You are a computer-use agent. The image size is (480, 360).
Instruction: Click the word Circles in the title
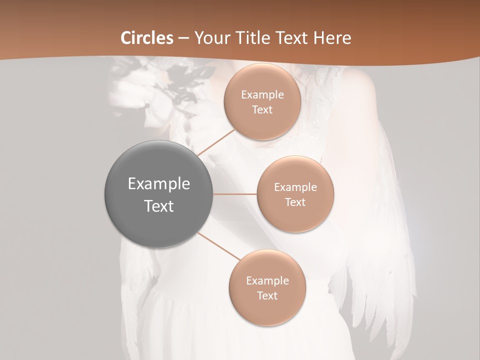[x=147, y=38]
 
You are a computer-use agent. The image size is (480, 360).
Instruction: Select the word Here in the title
[x=332, y=38]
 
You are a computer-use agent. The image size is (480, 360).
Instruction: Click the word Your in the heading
[x=212, y=38]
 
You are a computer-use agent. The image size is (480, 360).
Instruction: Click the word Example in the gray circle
[x=158, y=184]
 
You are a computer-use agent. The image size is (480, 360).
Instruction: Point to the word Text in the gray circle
[x=158, y=206]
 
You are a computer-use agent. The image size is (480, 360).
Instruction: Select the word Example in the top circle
[x=262, y=95]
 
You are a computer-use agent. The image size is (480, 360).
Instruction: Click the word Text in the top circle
[x=262, y=110]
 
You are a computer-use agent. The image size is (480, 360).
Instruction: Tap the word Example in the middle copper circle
[x=295, y=187]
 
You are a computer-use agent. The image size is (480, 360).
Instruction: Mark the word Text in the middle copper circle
[x=295, y=202]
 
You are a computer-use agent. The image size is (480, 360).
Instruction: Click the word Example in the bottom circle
[x=267, y=281]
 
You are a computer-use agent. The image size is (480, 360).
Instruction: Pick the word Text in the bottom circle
[x=267, y=296]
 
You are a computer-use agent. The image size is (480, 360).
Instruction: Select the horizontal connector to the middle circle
[x=234, y=194]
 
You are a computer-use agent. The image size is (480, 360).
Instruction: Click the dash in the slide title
[x=183, y=38]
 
